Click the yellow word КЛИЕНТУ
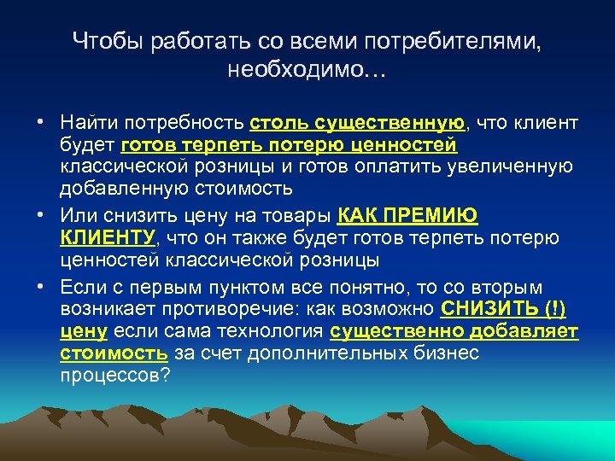click(108, 237)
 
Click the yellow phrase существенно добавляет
click(454, 330)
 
